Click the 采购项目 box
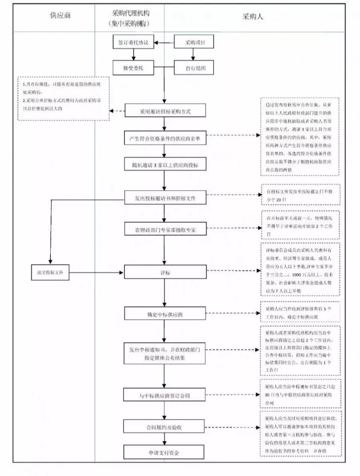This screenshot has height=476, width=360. (194, 42)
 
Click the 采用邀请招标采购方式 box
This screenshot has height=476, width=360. (165, 111)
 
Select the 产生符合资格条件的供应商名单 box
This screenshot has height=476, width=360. (165, 139)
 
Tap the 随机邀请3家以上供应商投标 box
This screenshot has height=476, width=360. (165, 165)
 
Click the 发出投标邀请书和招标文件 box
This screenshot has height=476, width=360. (165, 198)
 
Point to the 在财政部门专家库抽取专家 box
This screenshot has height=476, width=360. (165, 230)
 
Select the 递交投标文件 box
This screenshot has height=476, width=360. (51, 273)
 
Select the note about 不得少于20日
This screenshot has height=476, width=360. (300, 195)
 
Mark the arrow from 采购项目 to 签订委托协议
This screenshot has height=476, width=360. (164, 42)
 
